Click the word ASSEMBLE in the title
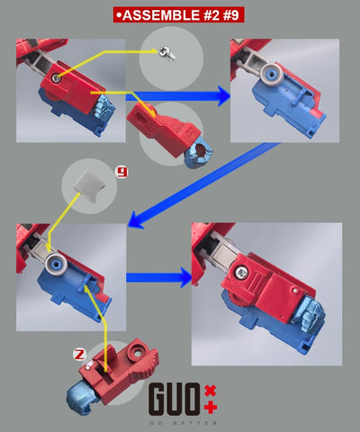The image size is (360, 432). click(x=161, y=15)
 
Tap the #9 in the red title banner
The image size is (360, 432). click(x=231, y=15)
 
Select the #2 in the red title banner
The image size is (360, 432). click(x=211, y=15)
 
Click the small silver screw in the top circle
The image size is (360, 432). click(x=167, y=54)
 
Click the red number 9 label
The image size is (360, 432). click(x=122, y=172)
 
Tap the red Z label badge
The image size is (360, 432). click(x=79, y=355)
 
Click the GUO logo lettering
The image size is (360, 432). click(x=175, y=399)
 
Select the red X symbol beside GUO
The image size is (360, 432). click(x=210, y=391)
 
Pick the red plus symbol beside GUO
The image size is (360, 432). click(x=211, y=408)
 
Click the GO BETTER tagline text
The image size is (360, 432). click(x=183, y=423)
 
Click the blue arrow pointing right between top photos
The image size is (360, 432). click(x=178, y=96)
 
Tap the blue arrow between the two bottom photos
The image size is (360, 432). click(x=159, y=277)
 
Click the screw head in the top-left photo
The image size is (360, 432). click(x=56, y=78)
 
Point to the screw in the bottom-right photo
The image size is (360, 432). click(x=241, y=273)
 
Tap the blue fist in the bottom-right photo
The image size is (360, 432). click(x=309, y=314)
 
